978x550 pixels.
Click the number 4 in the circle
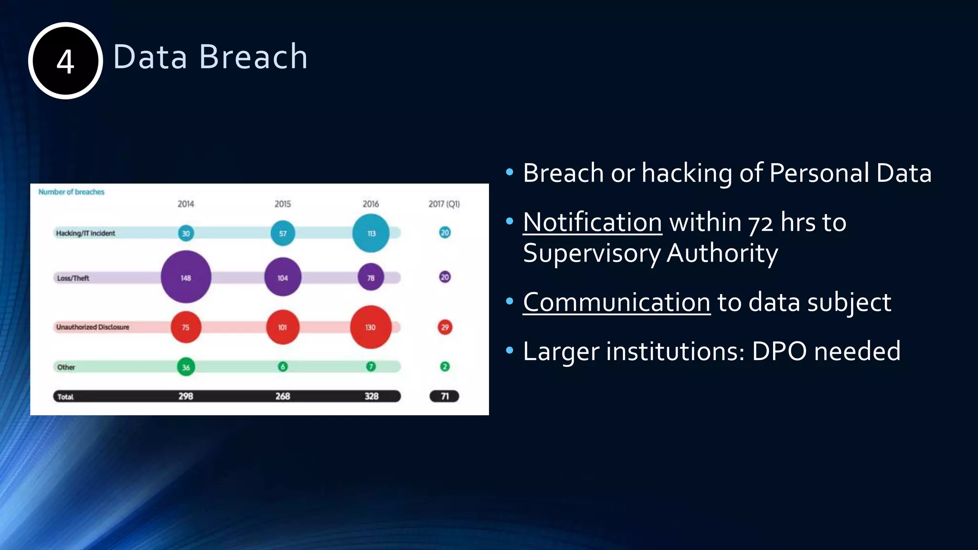click(65, 62)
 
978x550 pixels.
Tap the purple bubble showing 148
click(186, 277)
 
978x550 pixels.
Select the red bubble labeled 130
click(371, 327)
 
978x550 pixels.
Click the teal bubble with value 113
click(371, 233)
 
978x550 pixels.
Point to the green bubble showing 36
click(186, 367)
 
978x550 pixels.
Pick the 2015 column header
click(282, 204)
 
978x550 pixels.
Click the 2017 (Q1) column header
click(444, 204)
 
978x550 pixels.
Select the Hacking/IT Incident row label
click(85, 233)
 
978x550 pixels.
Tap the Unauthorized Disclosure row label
click(93, 327)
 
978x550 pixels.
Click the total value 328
click(371, 396)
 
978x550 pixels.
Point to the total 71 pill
click(444, 396)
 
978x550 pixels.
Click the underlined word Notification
click(592, 222)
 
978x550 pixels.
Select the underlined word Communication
click(617, 302)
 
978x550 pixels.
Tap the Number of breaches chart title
click(71, 192)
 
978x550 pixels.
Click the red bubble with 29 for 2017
click(445, 327)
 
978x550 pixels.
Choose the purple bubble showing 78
click(371, 277)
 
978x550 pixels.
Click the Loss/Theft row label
click(73, 278)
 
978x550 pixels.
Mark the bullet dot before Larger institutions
click(510, 351)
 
